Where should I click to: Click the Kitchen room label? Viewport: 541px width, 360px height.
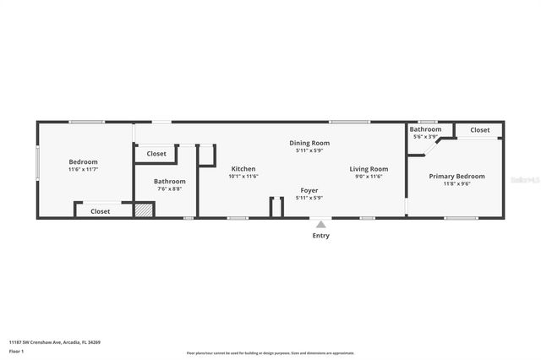(243, 169)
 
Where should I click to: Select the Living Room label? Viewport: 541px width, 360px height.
(369, 169)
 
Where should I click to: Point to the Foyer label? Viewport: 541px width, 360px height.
(309, 190)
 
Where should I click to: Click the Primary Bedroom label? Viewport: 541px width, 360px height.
(456, 176)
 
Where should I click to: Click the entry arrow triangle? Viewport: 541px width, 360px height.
(320, 224)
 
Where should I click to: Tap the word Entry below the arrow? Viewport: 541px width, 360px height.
(320, 236)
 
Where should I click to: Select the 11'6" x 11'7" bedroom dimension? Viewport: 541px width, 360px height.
(83, 170)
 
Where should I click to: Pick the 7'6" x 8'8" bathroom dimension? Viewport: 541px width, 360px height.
(169, 189)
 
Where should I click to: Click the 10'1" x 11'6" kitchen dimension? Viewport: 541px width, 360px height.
(243, 177)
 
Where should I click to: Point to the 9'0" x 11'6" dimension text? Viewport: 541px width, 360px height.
(369, 177)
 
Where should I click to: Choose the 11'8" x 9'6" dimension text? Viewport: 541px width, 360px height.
(456, 183)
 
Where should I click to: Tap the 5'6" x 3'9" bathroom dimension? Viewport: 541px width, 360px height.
(425, 137)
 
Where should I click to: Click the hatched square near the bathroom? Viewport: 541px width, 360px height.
(145, 210)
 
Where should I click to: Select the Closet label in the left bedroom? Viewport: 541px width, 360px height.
(100, 211)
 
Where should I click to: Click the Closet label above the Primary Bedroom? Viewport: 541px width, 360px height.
(479, 130)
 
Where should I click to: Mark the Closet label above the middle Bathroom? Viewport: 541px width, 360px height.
(156, 154)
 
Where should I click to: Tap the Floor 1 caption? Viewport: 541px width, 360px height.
(16, 351)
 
